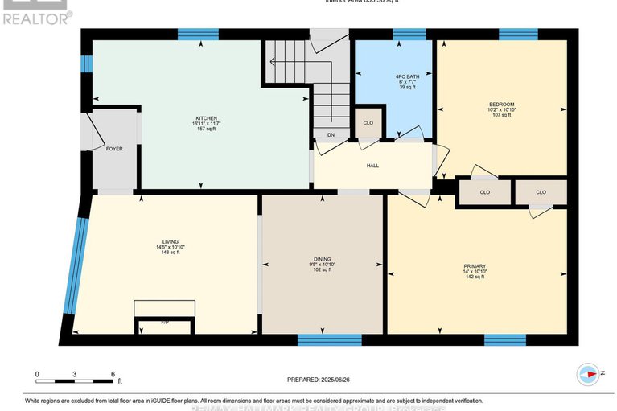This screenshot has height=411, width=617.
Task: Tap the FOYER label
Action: point(114,149)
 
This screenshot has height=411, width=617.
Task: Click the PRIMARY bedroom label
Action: point(474,266)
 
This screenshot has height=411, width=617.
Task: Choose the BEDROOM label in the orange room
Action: point(502,104)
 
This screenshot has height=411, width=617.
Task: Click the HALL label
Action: point(372,166)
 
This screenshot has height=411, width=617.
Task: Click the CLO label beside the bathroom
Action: point(368,123)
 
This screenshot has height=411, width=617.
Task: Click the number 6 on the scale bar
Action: point(113,374)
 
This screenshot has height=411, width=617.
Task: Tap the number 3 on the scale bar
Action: point(75,374)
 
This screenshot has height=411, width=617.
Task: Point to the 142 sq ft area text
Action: point(474,277)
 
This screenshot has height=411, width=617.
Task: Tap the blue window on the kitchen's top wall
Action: point(197,34)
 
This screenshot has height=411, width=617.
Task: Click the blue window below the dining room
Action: point(318,339)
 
